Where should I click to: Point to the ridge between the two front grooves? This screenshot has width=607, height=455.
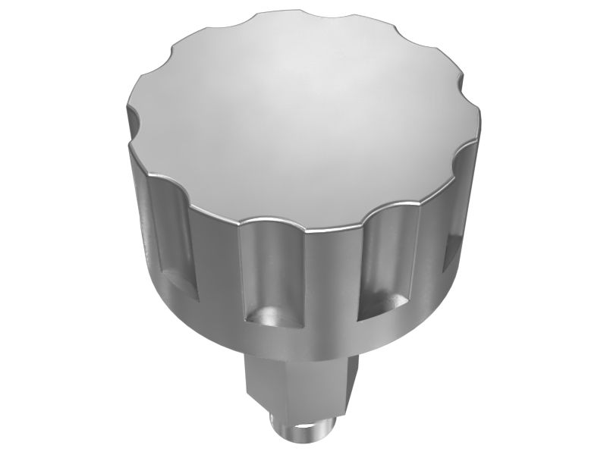pyautogui.click(x=330, y=281)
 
